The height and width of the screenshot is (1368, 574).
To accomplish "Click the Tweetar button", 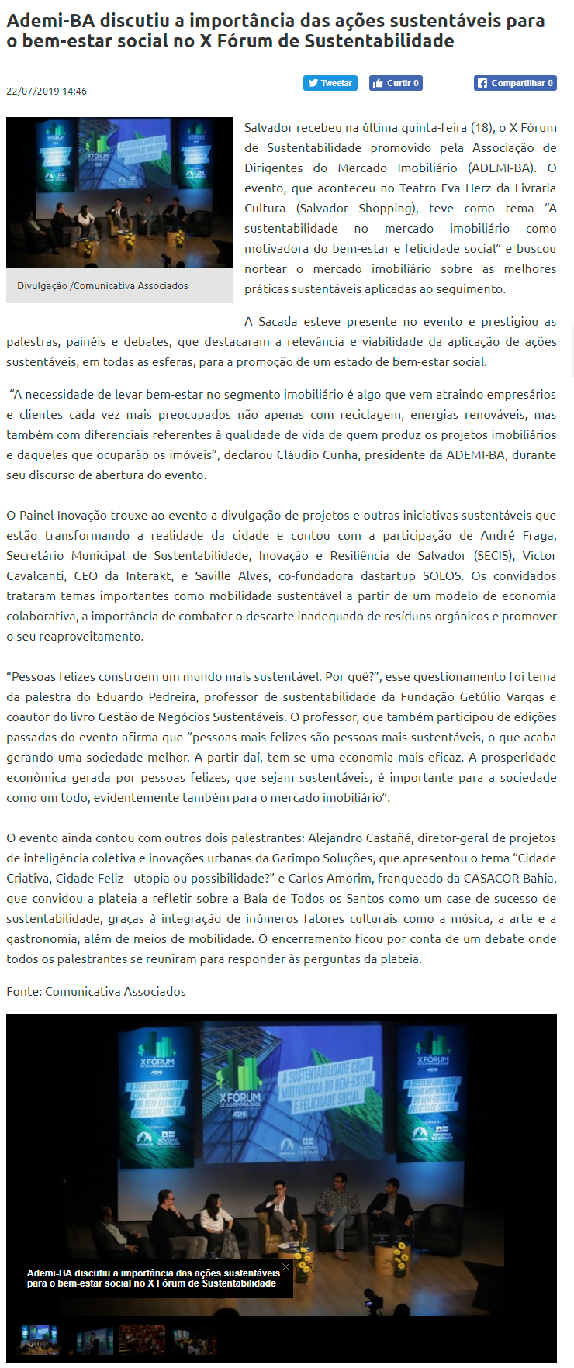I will click(330, 83).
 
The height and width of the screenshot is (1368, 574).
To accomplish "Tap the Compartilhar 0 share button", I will click(515, 83).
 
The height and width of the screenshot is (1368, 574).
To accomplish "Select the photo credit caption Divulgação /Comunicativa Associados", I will click(102, 286).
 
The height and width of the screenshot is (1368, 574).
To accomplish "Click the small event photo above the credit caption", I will click(119, 192).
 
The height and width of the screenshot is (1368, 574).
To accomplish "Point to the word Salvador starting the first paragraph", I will click(268, 128).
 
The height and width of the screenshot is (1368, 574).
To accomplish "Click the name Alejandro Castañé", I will click(359, 838).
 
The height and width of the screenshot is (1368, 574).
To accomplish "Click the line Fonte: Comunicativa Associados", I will click(96, 992).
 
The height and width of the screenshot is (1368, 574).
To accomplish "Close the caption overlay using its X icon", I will click(285, 1267).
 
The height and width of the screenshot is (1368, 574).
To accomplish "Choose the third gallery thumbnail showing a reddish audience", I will click(141, 1339).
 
